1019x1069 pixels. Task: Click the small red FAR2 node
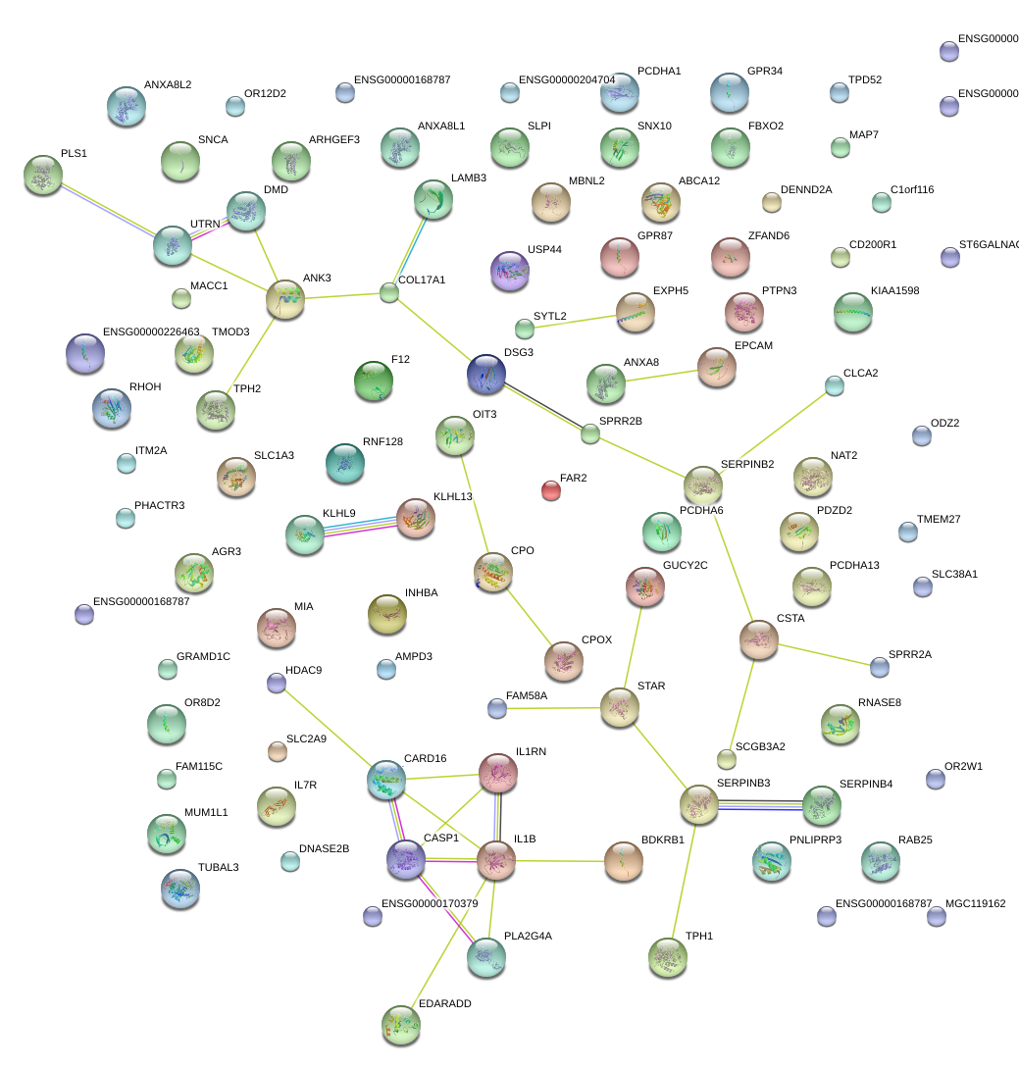point(551,490)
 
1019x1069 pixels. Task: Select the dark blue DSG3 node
point(486,373)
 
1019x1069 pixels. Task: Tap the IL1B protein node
point(496,860)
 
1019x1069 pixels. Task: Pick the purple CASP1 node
point(406,859)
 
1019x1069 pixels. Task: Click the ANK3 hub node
point(285,298)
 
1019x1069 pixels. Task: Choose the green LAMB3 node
point(433,198)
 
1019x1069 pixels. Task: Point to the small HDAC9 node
point(277,683)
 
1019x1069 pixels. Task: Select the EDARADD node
point(400,1024)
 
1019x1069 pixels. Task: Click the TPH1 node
point(668,956)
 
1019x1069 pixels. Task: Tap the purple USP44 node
point(509,270)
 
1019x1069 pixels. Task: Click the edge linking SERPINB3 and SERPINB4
point(760,805)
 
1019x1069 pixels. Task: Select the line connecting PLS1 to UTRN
point(108,209)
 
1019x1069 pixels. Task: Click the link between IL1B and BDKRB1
point(559,861)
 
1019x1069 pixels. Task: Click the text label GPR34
point(765,72)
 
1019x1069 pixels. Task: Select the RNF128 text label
point(382,441)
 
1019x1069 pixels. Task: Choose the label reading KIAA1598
point(894,291)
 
